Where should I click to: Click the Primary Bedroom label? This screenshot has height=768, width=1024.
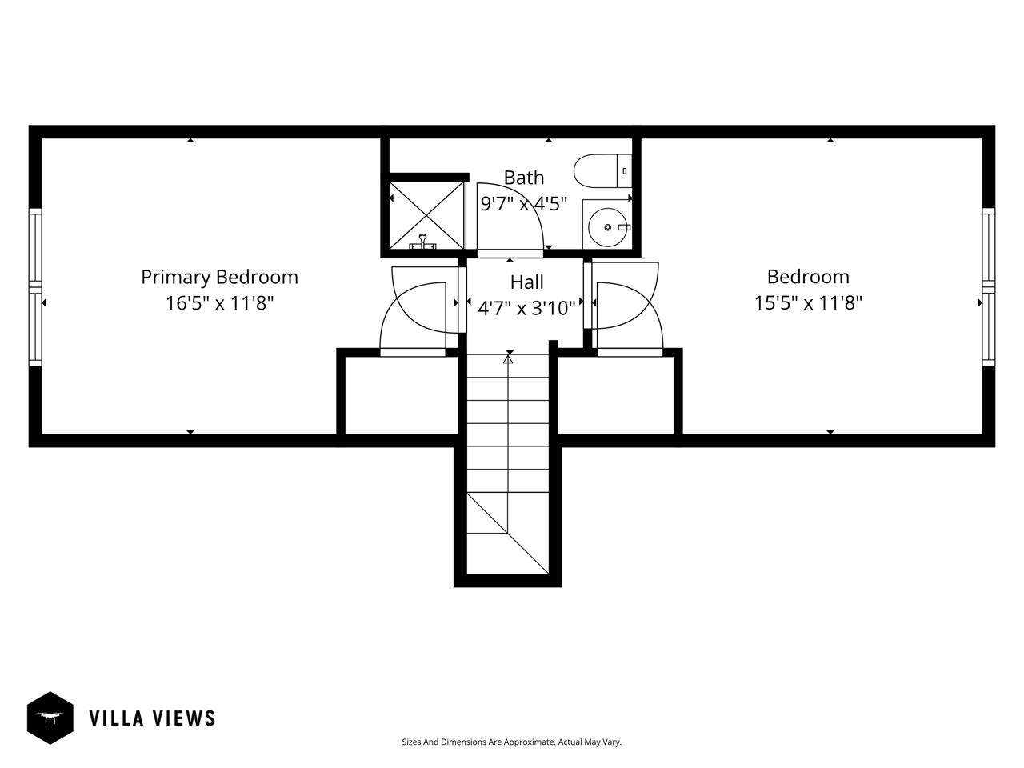point(219,278)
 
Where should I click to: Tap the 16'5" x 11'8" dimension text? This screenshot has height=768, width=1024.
point(219,303)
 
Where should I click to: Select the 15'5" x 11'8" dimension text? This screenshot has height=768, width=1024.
point(808,303)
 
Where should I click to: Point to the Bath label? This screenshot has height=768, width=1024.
point(524,178)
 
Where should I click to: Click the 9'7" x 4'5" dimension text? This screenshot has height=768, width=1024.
point(524,204)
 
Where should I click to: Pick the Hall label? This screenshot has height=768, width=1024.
point(526,282)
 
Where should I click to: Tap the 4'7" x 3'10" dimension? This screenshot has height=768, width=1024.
point(526,308)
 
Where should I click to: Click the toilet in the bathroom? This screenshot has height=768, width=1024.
point(602,170)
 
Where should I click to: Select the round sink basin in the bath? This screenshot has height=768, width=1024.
point(607,227)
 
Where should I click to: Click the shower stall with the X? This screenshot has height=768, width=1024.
point(426,215)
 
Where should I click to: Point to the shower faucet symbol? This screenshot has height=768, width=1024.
point(422,242)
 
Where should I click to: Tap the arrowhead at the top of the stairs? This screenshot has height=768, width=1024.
point(508,359)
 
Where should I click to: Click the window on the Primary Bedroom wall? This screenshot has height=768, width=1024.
point(35,287)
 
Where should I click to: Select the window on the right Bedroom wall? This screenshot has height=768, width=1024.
point(989,286)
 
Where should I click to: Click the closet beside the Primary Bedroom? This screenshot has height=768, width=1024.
point(402,395)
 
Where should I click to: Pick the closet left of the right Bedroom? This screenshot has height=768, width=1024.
point(616,395)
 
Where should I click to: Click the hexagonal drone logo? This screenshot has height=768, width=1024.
point(50,718)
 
